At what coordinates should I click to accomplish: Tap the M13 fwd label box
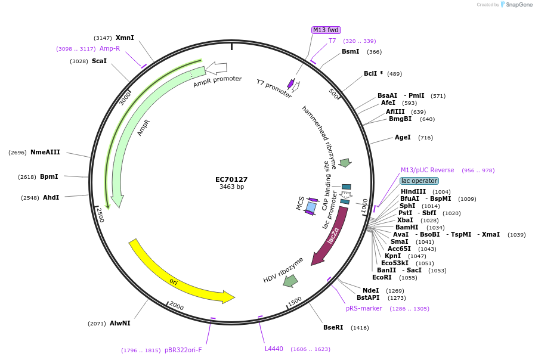(x=326, y=30)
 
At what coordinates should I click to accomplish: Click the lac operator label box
(x=419, y=181)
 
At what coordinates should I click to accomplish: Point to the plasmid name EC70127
(x=231, y=179)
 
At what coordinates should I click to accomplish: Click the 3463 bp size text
(x=231, y=187)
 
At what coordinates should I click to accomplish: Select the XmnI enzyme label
(x=125, y=38)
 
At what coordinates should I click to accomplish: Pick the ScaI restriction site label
(x=99, y=61)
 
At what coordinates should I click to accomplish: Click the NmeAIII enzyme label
(x=45, y=152)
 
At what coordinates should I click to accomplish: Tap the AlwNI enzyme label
(x=120, y=323)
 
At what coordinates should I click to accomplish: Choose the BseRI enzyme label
(x=333, y=327)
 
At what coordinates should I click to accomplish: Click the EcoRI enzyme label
(x=382, y=277)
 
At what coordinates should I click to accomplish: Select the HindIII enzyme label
(x=413, y=191)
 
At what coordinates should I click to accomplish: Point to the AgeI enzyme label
(x=403, y=137)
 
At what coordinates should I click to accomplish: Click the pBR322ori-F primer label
(x=183, y=350)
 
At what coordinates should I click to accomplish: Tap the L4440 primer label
(x=274, y=349)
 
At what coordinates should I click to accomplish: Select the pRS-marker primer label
(x=364, y=308)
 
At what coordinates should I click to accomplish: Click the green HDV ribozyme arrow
(x=290, y=280)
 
